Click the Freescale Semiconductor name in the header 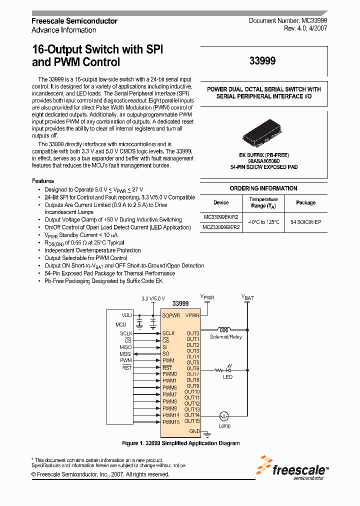point(74,21)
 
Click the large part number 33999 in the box point(262,61)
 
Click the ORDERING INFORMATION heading point(263,188)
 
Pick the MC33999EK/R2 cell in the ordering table point(221,217)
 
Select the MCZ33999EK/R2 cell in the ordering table point(221,227)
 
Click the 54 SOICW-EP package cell point(305,222)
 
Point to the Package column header point(305,202)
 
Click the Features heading point(43,181)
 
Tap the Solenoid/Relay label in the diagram point(225,337)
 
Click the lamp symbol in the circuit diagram point(224,415)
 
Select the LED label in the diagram point(227,377)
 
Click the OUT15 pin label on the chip point(192,421)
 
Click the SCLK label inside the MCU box point(126,333)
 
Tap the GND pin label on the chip point(194,431)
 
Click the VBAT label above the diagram point(247,297)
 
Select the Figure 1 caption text point(180,443)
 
